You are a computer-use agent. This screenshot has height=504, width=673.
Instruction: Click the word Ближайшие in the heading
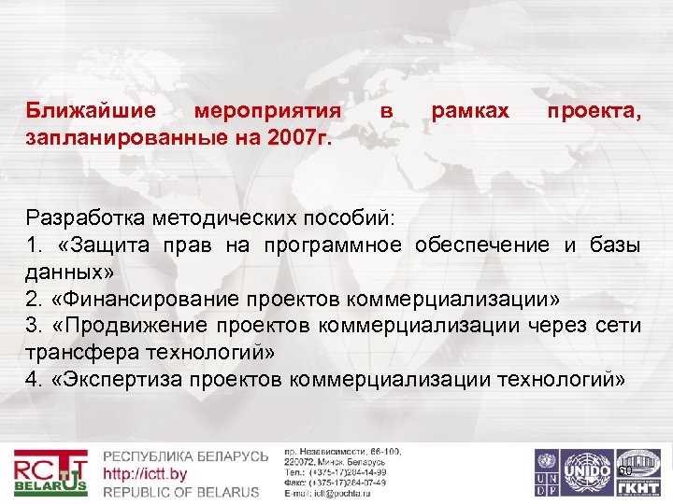[91, 112]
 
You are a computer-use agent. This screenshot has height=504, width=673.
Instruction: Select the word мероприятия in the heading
[266, 112]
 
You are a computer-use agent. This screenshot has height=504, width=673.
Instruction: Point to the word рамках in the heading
[470, 112]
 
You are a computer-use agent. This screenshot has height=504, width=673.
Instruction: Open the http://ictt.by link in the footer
[145, 474]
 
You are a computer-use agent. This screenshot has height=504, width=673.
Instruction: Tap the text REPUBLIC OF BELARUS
[181, 492]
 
